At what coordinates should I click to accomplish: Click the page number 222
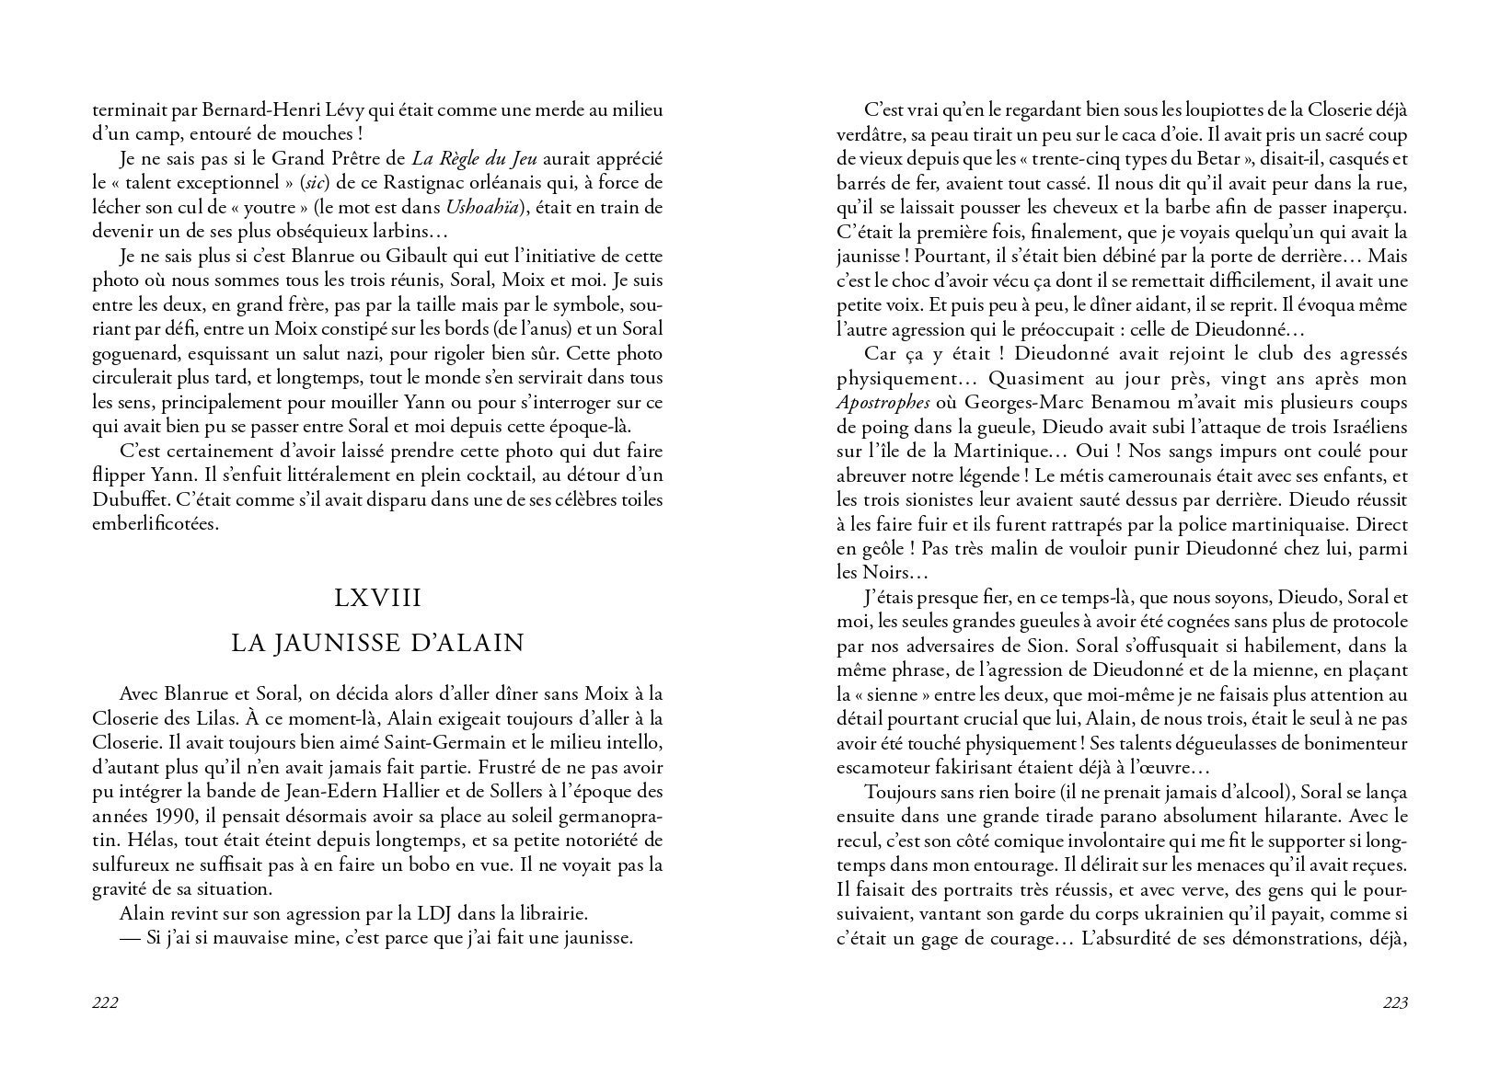pos(106,1002)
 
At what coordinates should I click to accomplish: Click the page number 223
pos(1395,1002)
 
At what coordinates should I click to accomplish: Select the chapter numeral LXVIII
pos(378,599)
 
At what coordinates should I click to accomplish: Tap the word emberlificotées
pos(156,524)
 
